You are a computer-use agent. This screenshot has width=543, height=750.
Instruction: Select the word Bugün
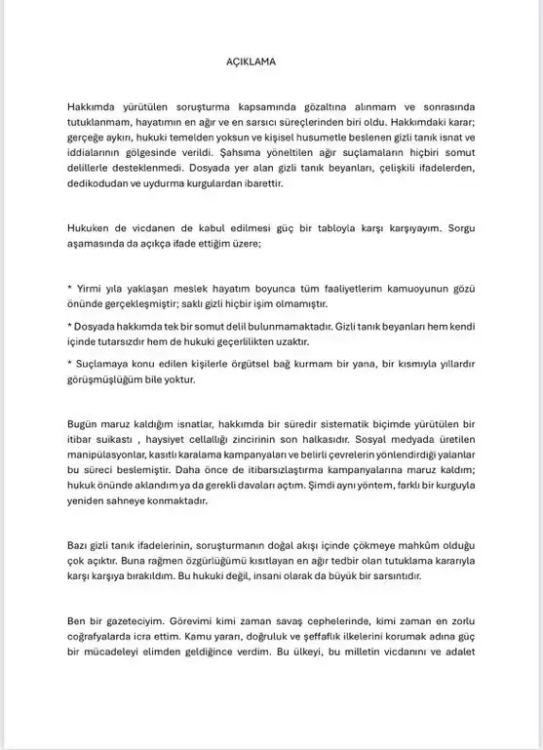click(83, 424)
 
